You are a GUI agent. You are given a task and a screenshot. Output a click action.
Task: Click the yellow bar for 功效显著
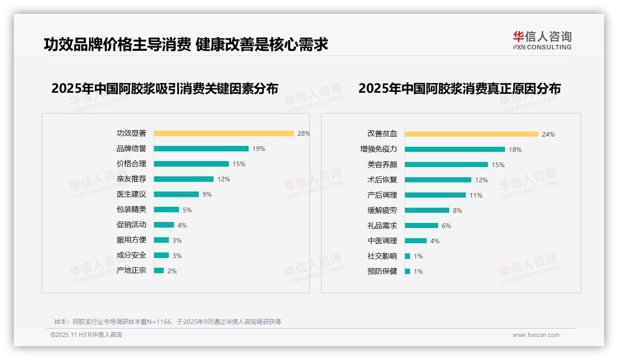224,133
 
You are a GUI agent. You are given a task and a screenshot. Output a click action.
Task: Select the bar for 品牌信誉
201,149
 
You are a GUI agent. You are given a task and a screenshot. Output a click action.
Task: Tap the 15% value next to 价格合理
239,164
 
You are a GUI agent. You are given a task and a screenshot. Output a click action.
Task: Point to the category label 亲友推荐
131,179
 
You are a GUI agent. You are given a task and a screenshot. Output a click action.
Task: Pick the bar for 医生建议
176,194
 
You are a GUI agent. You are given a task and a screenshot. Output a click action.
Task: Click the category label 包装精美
131,210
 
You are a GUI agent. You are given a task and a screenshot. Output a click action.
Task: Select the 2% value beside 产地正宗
172,271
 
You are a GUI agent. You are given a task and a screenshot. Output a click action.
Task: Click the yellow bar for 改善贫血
471,134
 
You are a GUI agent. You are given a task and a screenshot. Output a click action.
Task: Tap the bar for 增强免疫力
455,150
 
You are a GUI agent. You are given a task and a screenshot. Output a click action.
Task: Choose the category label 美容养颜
382,165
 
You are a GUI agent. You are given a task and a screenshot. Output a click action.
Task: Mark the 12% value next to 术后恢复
481,180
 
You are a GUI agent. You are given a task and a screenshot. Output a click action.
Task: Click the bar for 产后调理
435,195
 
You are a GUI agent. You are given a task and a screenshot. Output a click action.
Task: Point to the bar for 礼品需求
422,226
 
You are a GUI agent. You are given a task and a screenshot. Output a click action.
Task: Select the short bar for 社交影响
407,256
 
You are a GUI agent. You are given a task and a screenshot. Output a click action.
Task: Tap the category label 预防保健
382,271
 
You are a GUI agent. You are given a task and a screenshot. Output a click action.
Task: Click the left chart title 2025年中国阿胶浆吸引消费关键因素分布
165,89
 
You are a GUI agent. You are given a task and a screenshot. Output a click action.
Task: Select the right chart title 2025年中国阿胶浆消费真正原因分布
459,89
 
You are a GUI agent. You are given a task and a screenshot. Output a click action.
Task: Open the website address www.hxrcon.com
536,335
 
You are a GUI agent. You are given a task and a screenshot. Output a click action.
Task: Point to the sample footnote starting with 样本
167,322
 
